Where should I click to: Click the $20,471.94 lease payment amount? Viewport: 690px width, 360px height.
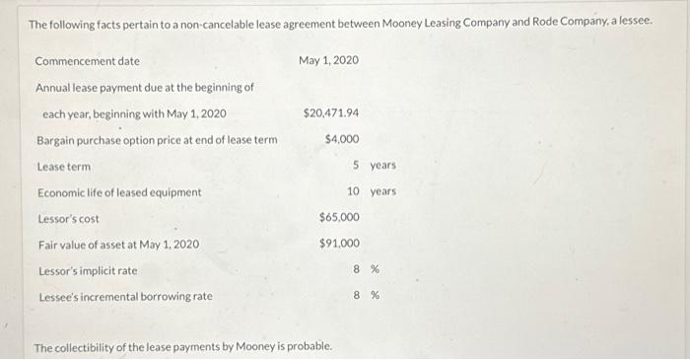[x=331, y=113]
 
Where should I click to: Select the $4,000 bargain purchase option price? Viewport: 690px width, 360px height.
[x=341, y=139]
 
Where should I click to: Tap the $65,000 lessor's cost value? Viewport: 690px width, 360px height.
[x=339, y=217]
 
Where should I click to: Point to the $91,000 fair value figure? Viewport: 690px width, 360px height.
[x=339, y=243]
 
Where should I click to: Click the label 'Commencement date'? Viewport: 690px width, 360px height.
[x=87, y=61]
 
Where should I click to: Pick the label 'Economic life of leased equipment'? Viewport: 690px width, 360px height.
[x=119, y=192]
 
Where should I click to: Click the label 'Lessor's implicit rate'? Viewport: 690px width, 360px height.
[x=87, y=270]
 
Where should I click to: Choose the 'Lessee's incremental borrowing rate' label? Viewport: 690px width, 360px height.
[x=124, y=296]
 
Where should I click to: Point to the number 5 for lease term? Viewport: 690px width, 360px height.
[x=355, y=165]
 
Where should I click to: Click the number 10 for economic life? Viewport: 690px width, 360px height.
[x=352, y=191]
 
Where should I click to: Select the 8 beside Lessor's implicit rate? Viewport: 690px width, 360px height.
[x=355, y=269]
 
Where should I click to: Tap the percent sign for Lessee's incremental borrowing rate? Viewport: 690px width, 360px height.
[x=375, y=295]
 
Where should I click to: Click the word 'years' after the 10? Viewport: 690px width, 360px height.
[x=382, y=191]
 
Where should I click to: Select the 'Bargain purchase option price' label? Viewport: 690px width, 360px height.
[x=157, y=139]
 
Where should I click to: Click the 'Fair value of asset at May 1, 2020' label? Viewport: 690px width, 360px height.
[x=118, y=244]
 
